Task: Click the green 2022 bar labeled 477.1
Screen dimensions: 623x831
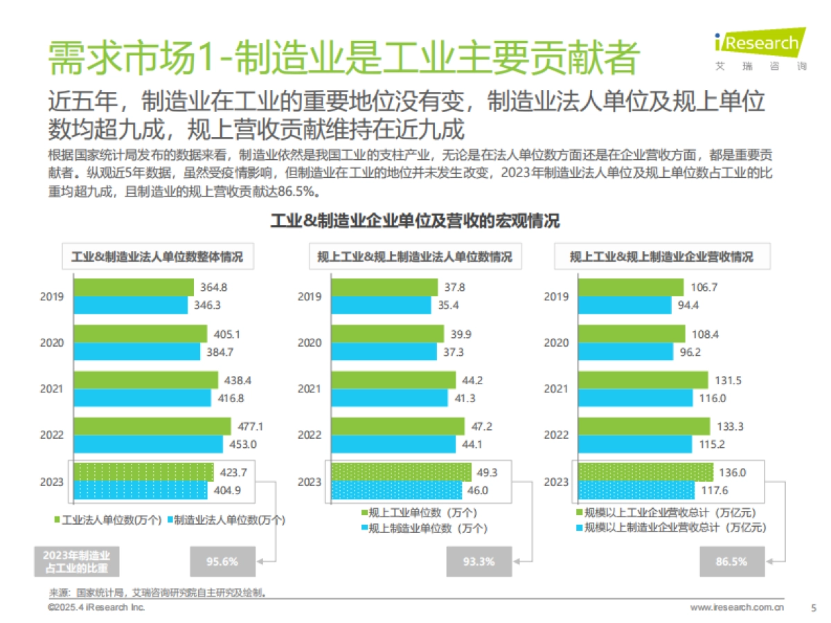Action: click(x=152, y=426)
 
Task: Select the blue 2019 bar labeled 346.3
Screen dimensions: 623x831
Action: click(x=131, y=305)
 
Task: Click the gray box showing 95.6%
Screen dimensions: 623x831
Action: click(x=222, y=561)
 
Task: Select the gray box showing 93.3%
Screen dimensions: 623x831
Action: click(x=479, y=561)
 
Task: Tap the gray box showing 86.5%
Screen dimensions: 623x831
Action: click(x=731, y=561)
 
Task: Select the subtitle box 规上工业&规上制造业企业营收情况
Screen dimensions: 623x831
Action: click(x=661, y=257)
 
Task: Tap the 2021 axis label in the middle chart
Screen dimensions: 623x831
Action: click(x=310, y=389)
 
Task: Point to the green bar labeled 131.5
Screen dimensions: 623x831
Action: click(x=643, y=380)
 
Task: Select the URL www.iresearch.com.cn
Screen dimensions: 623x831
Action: click(x=737, y=608)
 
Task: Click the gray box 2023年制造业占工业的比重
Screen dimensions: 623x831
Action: click(x=76, y=561)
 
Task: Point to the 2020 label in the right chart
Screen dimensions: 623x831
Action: click(x=556, y=343)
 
